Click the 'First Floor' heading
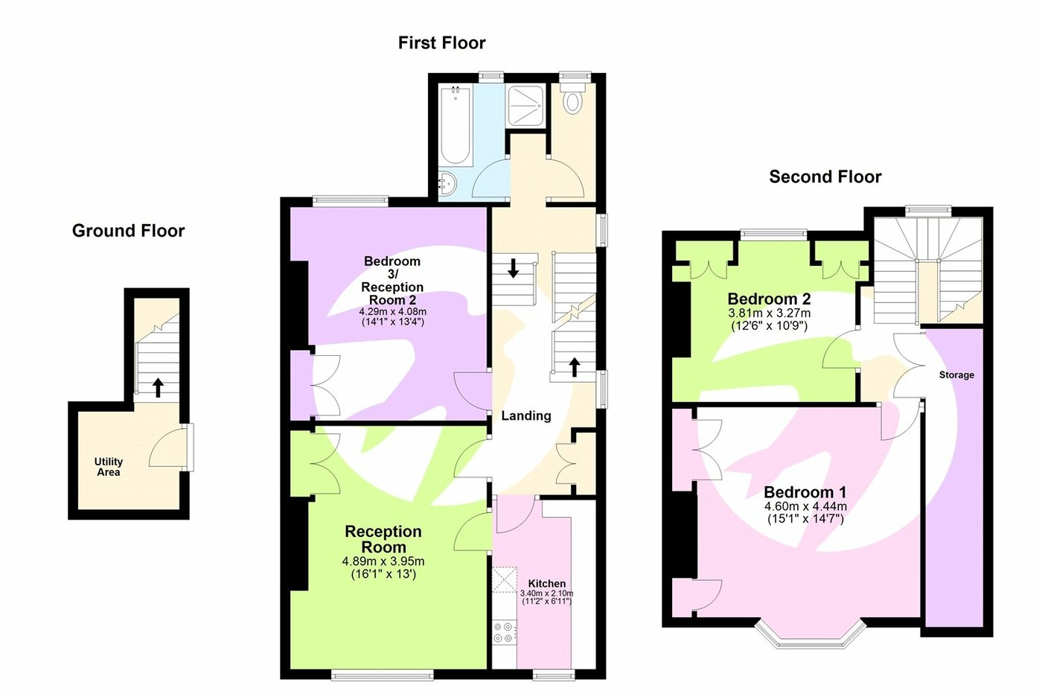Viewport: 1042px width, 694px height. (x=441, y=43)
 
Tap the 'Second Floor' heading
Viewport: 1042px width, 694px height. (x=825, y=177)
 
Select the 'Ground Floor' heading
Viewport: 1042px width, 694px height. (x=128, y=231)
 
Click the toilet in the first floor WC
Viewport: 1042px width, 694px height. (x=572, y=101)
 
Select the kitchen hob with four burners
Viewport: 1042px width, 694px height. (x=504, y=633)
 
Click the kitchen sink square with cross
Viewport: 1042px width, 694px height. (x=504, y=580)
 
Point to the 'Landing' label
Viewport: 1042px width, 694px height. (x=525, y=416)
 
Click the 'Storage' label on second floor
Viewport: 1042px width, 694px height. (x=956, y=375)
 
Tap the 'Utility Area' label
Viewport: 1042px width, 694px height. (x=109, y=467)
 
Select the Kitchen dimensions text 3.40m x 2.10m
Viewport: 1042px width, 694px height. (x=546, y=593)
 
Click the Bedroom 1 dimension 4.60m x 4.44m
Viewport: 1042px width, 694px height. (x=805, y=506)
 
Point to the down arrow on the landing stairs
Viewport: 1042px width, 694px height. (x=513, y=268)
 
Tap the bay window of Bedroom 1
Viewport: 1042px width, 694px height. (x=811, y=637)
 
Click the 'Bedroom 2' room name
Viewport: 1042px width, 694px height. (x=769, y=299)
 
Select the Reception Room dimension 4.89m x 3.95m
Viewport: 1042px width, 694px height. (x=383, y=561)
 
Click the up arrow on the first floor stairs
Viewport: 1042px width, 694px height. (x=574, y=366)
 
